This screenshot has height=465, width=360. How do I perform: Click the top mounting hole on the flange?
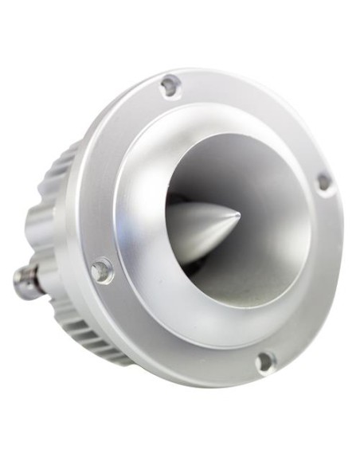[170, 85]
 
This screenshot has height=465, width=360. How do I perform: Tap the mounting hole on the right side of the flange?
[323, 182]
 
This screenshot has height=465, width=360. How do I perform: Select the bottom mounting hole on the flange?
[266, 362]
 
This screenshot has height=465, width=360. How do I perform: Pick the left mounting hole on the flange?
[102, 271]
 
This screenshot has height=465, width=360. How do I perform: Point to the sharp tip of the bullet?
[238, 214]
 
